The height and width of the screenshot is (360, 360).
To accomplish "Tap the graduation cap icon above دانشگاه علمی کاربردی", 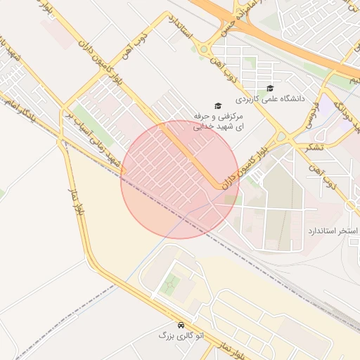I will point(270,88).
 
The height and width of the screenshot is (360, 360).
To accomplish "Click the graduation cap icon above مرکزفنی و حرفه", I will point(217,105).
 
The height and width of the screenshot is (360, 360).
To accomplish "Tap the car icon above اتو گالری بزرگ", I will point(181,326).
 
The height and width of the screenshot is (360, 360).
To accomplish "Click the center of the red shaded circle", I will point(180,179).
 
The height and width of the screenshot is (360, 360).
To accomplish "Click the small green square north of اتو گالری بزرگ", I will point(169,285).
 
